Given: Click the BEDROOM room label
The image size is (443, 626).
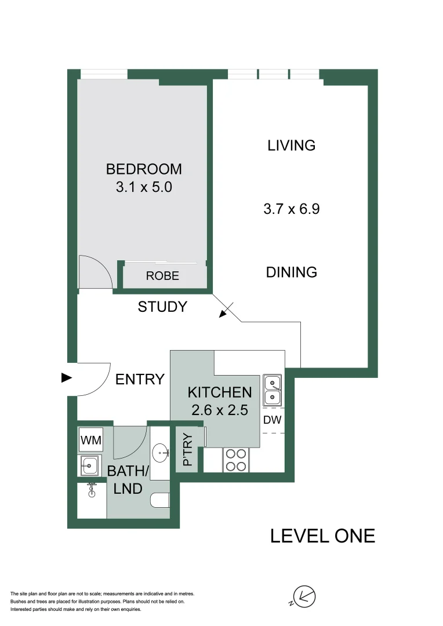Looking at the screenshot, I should click(x=144, y=169).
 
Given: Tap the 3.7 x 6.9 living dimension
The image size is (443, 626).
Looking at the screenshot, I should click(x=292, y=209).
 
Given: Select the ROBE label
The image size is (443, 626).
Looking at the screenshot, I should click(x=162, y=276).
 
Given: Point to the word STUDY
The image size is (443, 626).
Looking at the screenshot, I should click(x=162, y=307).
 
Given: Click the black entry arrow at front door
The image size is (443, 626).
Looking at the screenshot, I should click(x=67, y=378).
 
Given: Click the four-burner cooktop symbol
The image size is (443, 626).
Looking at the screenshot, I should click(x=235, y=460).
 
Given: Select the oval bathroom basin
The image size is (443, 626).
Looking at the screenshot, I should click(x=160, y=451).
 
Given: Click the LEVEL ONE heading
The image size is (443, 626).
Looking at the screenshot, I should click(x=322, y=536).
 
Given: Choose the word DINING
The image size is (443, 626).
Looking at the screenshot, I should click(x=292, y=272).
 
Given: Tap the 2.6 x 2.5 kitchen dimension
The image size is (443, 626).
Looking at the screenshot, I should click(x=220, y=410).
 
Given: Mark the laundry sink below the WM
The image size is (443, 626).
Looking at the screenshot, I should click(x=90, y=464).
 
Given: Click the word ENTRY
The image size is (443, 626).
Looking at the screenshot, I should click(x=140, y=380).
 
